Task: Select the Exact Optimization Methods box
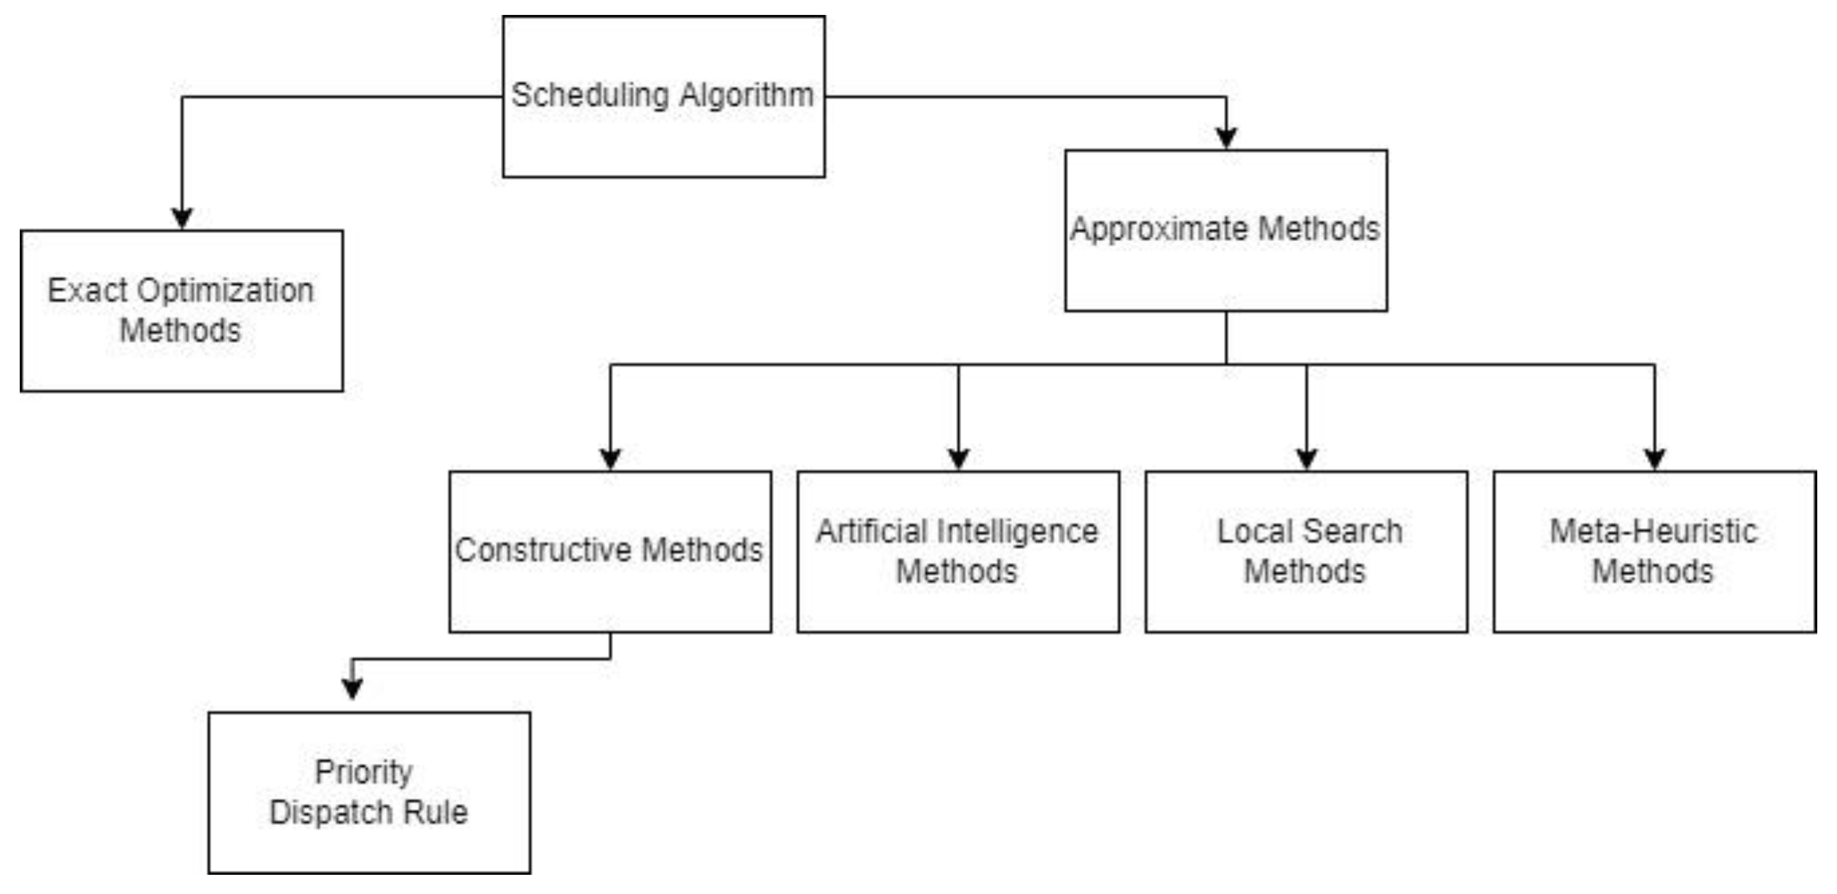[182, 311]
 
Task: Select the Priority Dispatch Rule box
[369, 793]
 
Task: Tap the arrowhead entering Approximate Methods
[1226, 137]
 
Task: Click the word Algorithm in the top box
[746, 96]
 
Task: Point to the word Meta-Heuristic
[1654, 532]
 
